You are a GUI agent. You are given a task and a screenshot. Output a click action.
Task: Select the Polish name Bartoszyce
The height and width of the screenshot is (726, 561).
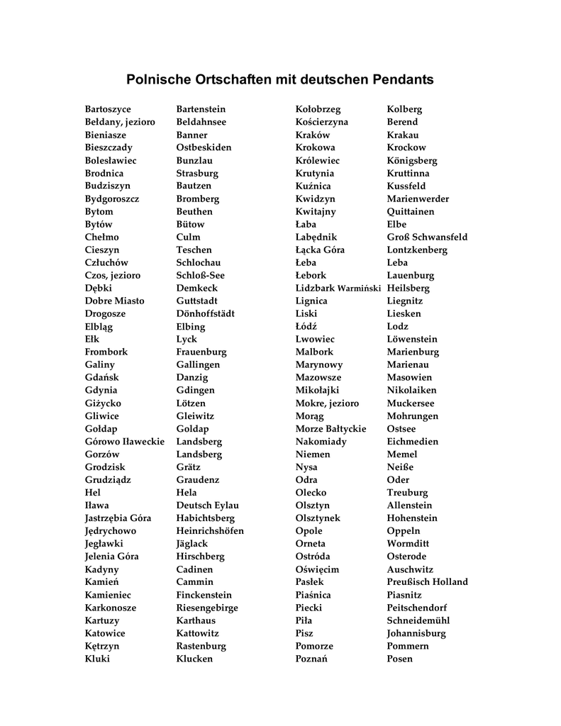click(108, 109)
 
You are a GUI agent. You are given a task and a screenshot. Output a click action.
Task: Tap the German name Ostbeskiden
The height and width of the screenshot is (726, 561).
click(204, 147)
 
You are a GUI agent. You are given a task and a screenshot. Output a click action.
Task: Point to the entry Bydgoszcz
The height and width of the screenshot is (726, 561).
click(112, 199)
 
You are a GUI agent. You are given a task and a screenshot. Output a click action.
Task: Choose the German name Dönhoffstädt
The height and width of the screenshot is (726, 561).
click(205, 313)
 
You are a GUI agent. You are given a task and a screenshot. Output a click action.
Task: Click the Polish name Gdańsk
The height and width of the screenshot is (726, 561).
click(102, 377)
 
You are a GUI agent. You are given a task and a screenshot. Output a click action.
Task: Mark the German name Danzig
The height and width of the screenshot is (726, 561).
click(192, 377)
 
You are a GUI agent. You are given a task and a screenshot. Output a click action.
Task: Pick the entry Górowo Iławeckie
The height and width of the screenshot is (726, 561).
click(125, 441)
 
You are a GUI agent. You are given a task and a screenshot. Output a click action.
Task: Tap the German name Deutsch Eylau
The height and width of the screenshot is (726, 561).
click(207, 505)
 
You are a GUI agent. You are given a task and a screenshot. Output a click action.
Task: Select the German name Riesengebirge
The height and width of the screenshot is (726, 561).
click(207, 608)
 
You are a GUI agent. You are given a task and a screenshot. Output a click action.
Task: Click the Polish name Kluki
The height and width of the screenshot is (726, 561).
click(97, 659)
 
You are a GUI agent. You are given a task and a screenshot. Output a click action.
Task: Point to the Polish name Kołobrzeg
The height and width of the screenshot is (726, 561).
click(318, 109)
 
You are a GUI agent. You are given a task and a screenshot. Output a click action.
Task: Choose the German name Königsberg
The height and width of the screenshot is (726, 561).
click(412, 160)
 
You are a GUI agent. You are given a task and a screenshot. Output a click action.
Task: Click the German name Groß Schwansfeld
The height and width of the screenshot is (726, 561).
click(427, 237)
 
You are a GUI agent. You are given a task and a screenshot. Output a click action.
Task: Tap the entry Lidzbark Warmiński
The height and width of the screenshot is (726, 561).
click(338, 288)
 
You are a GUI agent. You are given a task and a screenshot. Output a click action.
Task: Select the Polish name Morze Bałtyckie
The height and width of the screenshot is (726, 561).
click(331, 428)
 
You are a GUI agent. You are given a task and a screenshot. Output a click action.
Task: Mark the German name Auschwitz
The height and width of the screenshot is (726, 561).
click(410, 569)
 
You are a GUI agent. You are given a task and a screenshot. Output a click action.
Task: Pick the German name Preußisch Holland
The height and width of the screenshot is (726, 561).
click(427, 582)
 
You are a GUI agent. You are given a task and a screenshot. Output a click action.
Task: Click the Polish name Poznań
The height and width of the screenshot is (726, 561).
click(311, 659)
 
